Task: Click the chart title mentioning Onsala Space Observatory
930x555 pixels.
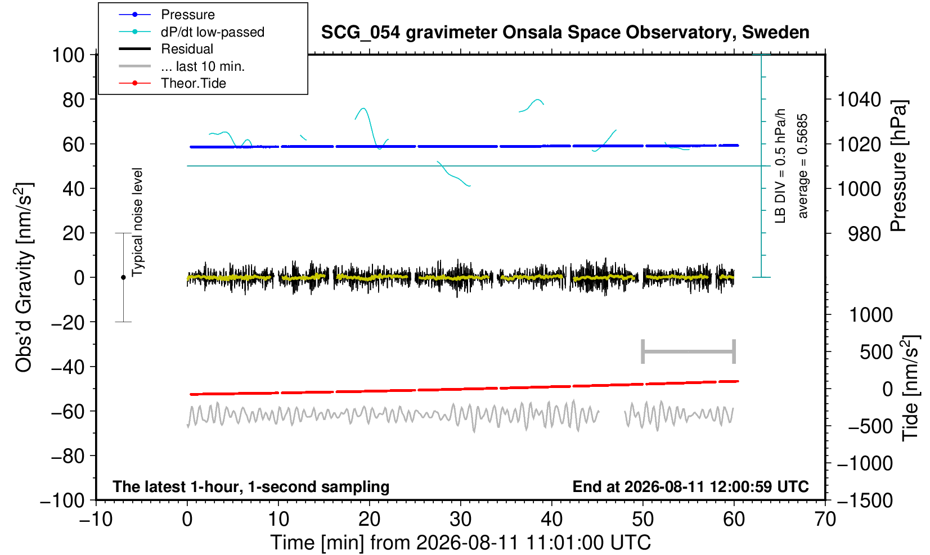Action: (x=565, y=32)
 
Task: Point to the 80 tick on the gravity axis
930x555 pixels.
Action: (x=74, y=100)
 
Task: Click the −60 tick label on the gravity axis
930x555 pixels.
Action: (x=68, y=412)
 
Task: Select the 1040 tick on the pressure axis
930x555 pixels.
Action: (x=859, y=100)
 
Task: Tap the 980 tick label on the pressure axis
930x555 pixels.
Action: (x=864, y=234)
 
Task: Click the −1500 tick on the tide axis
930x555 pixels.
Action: (x=864, y=500)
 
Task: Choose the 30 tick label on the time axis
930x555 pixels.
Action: (x=460, y=520)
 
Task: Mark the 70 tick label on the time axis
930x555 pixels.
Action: (x=825, y=520)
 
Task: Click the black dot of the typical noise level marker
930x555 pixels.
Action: (x=123, y=277)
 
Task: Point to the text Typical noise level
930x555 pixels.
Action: (x=137, y=222)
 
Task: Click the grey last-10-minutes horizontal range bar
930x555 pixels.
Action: (x=689, y=351)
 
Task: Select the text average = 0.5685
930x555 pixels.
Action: (x=803, y=166)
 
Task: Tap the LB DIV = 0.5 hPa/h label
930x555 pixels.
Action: (x=780, y=166)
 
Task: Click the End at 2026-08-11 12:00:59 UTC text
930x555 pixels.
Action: (x=690, y=486)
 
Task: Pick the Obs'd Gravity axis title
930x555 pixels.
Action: (x=24, y=277)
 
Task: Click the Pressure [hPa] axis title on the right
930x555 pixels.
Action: (x=898, y=166)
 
